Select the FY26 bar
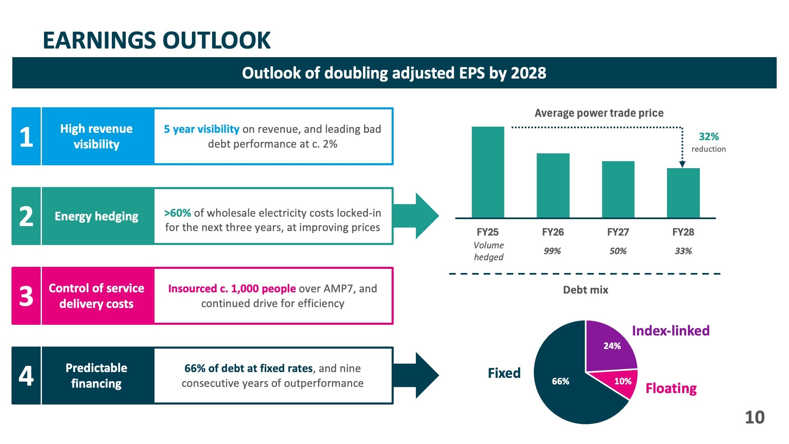click(x=553, y=185)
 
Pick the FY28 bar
click(x=683, y=193)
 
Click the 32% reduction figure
click(x=708, y=136)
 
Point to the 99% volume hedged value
click(x=552, y=251)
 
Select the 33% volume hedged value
click(x=683, y=251)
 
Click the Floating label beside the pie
click(x=671, y=388)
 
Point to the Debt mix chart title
click(x=585, y=290)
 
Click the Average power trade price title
click(x=599, y=113)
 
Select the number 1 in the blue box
click(x=26, y=136)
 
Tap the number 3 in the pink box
click(x=26, y=296)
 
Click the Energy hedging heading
click(x=97, y=216)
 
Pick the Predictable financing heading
click(x=97, y=375)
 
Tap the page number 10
click(x=754, y=417)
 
